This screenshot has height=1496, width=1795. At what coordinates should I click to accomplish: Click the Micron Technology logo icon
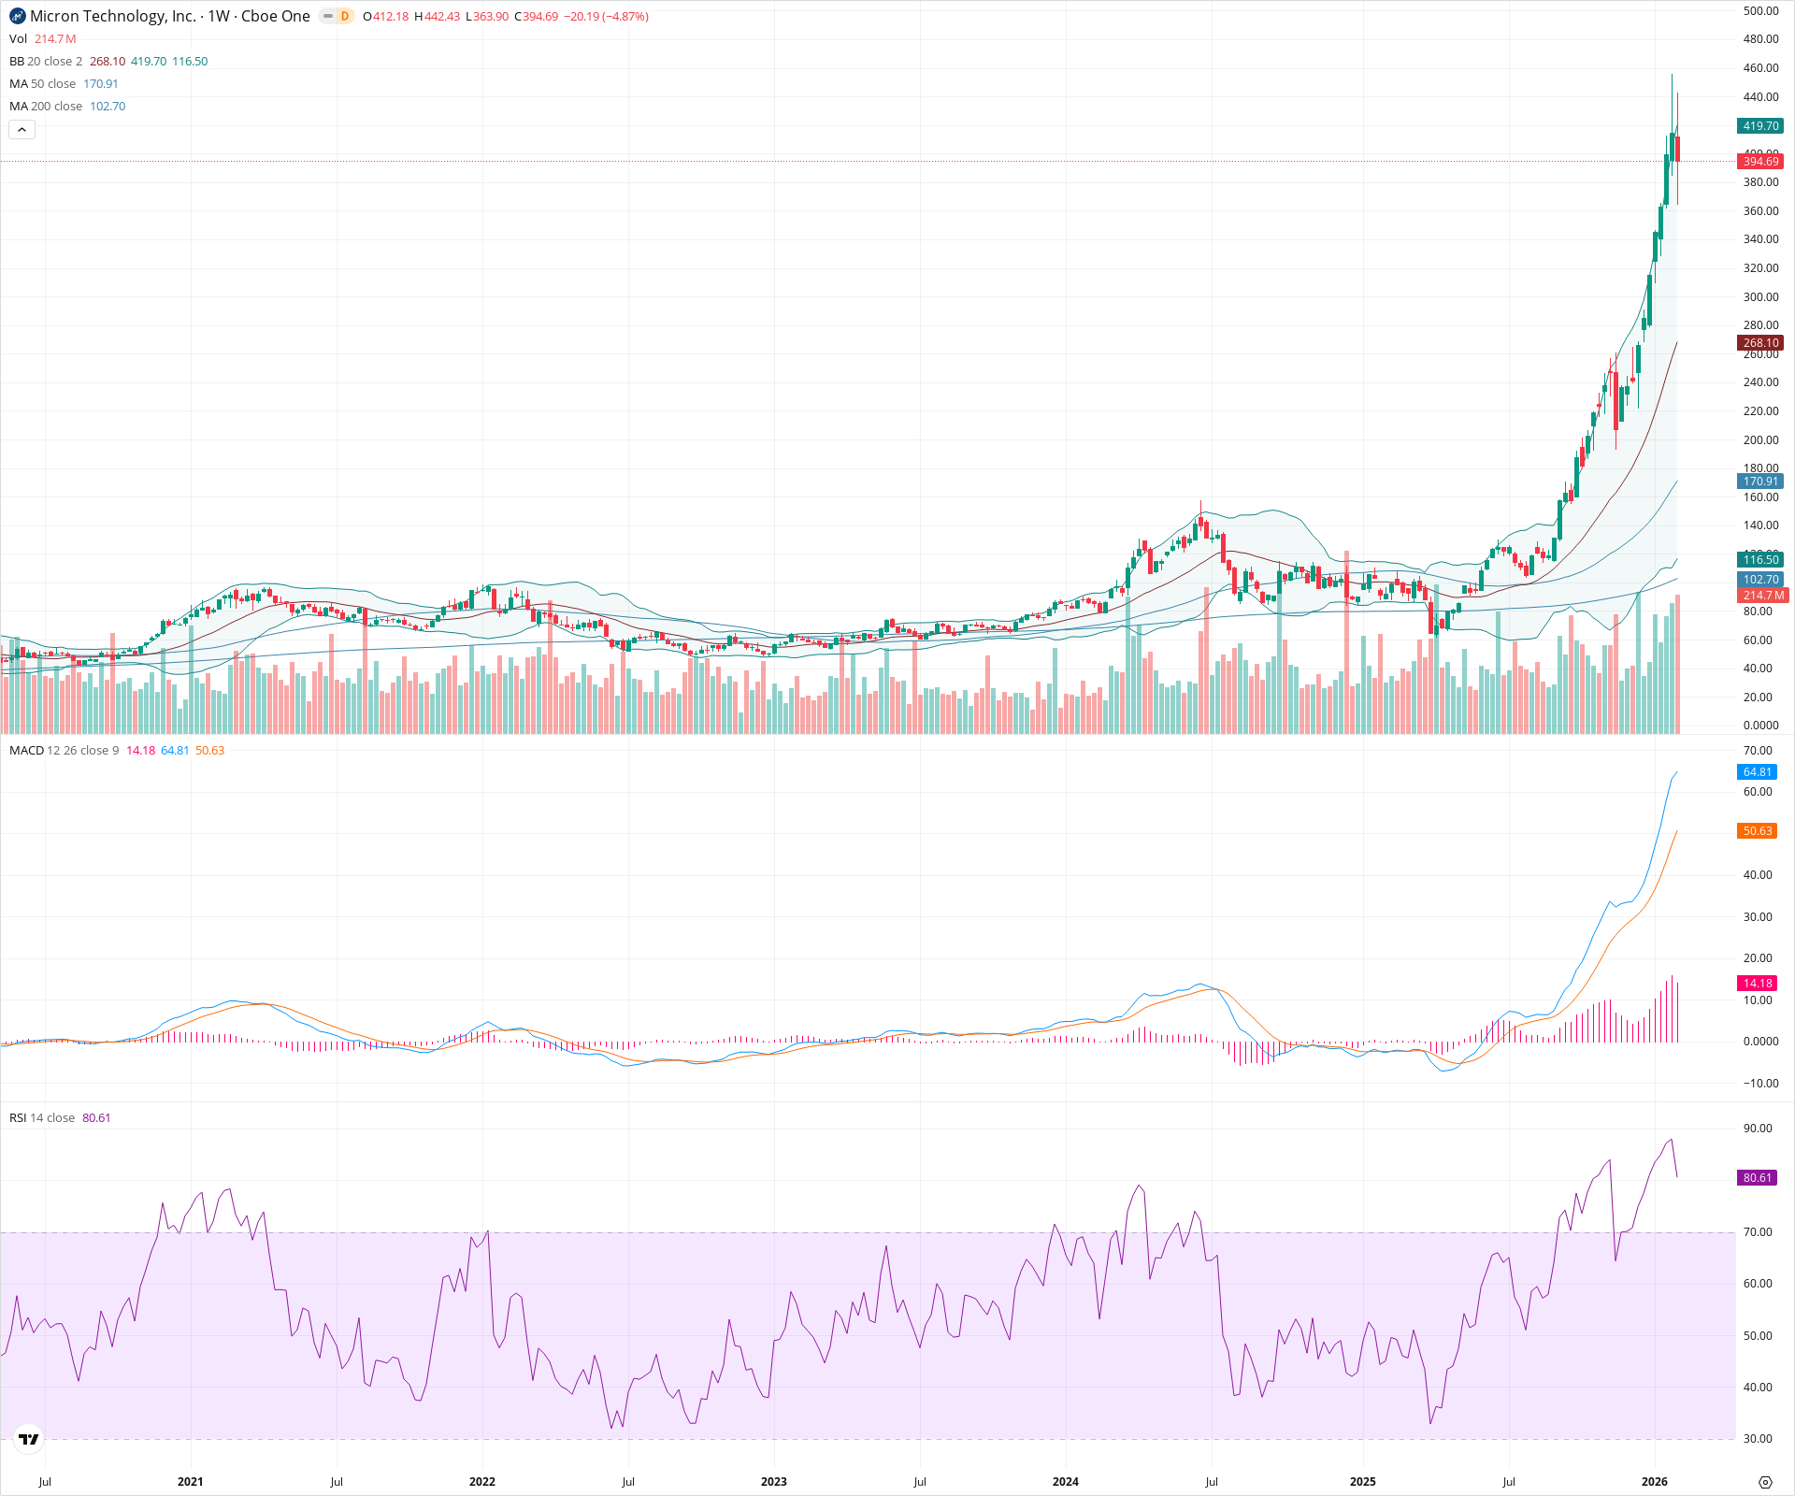pos(18,16)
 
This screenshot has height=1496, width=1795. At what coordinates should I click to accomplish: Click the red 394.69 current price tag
pos(1760,162)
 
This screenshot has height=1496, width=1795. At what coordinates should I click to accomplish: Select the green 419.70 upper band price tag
pos(1760,126)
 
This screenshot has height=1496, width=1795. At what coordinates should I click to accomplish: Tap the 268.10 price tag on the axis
pos(1760,343)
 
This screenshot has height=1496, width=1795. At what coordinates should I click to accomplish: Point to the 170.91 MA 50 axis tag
pos(1760,482)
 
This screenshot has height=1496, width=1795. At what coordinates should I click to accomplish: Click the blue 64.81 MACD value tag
pos(1758,772)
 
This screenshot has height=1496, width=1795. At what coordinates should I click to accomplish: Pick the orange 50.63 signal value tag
pos(1758,831)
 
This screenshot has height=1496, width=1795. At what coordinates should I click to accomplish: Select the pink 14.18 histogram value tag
pos(1758,983)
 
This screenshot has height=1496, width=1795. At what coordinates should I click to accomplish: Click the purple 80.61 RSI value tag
pos(1758,1178)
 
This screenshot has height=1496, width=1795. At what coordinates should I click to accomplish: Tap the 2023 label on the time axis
pos(773,1481)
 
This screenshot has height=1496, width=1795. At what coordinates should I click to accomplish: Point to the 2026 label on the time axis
pos(1655,1481)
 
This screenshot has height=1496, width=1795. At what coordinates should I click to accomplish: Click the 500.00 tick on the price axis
pos(1760,11)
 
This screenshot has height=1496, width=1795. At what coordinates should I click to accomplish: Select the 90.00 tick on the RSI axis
pos(1758,1129)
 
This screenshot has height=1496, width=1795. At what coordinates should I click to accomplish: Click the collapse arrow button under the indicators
pos(22,130)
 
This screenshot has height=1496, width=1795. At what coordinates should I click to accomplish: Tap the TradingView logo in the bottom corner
pos(29,1439)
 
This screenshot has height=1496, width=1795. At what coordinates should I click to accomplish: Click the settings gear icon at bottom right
pos(1765,1482)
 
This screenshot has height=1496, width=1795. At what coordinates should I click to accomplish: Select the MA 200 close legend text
pos(46,107)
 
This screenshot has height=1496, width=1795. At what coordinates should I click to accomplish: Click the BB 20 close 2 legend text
pos(46,62)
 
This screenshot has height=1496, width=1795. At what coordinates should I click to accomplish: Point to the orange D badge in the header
pos(345,16)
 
